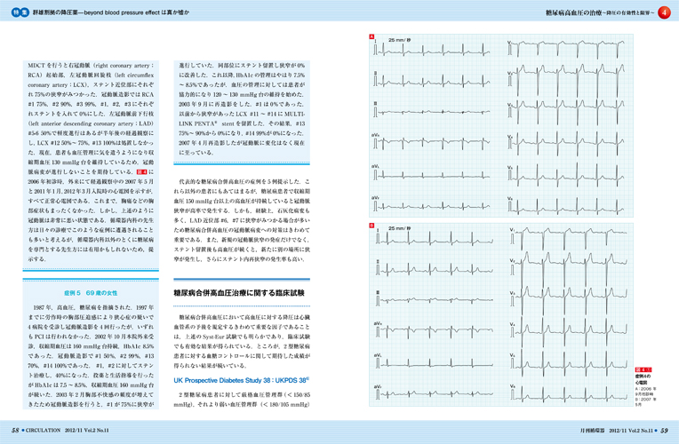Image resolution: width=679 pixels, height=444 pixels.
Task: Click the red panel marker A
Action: click(x=371, y=36)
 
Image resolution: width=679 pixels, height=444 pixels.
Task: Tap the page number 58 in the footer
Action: click(x=15, y=429)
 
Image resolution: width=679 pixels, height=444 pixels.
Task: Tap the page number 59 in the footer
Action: click(x=663, y=429)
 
